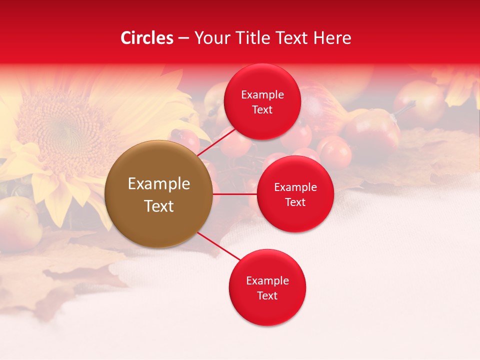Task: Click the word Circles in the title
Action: pyautogui.click(x=147, y=38)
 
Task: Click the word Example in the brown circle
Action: pyautogui.click(x=159, y=184)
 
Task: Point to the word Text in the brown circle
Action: pyautogui.click(x=159, y=206)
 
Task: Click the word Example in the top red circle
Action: pyautogui.click(x=262, y=95)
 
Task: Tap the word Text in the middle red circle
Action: pyautogui.click(x=295, y=202)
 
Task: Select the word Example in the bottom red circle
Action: pyautogui.click(x=267, y=281)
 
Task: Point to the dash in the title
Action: pyautogui.click(x=183, y=38)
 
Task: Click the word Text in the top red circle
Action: pyautogui.click(x=262, y=110)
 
